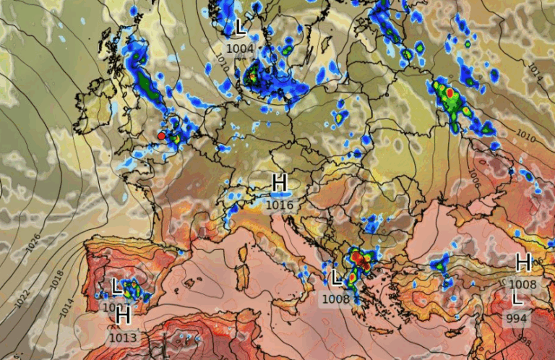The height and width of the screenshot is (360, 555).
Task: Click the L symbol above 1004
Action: click(x=240, y=28)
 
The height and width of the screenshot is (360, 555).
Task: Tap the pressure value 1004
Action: click(x=240, y=48)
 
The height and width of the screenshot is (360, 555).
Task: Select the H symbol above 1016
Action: click(x=280, y=184)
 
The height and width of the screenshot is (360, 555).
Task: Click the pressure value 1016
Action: click(x=280, y=205)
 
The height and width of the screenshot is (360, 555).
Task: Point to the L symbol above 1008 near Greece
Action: click(x=337, y=278)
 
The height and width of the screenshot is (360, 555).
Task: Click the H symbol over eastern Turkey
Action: click(x=523, y=262)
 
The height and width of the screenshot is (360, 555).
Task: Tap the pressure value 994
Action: click(x=517, y=318)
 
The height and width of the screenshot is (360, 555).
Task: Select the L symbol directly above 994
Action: click(x=517, y=299)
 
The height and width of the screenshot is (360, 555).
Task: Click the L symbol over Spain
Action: click(x=116, y=287)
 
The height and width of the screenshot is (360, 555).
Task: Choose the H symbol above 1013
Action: click(x=123, y=314)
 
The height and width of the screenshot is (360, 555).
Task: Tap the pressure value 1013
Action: click(x=123, y=336)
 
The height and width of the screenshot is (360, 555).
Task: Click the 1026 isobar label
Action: click(x=33, y=243)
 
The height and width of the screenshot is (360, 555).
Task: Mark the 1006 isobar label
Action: click(x=473, y=178)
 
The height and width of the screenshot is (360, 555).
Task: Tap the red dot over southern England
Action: click(x=161, y=135)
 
